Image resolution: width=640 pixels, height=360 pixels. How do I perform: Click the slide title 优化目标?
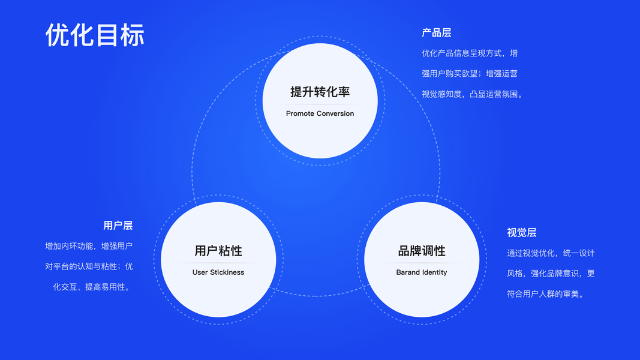click(x=95, y=35)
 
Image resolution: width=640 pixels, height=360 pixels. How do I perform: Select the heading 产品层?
click(x=436, y=33)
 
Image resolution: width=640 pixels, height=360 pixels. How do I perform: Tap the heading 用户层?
click(x=118, y=226)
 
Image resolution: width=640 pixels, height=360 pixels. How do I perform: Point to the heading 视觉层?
click(x=521, y=233)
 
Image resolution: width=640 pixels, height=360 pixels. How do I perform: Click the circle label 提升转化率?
click(x=320, y=92)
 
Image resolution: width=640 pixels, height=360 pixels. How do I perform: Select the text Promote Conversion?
click(x=320, y=113)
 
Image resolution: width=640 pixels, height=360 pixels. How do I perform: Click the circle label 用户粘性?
click(x=218, y=251)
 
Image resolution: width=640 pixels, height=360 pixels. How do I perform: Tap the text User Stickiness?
click(x=218, y=272)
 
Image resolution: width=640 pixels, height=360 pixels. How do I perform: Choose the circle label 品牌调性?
click(x=422, y=251)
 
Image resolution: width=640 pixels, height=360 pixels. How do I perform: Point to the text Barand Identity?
click(x=422, y=272)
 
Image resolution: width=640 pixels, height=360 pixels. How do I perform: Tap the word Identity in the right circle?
click(x=434, y=272)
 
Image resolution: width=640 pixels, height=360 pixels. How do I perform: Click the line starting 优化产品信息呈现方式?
click(x=470, y=53)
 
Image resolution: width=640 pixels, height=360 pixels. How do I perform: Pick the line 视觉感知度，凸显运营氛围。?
click(x=473, y=94)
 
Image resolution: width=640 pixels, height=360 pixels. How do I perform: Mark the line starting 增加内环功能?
click(x=89, y=246)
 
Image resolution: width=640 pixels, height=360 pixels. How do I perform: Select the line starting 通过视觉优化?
click(x=551, y=253)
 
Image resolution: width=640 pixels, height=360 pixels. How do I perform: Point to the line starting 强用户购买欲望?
click(x=470, y=74)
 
